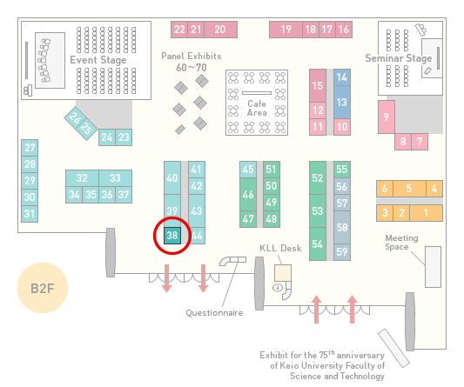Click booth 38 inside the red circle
click(172, 236)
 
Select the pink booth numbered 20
click(220, 30)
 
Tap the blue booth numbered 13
click(342, 103)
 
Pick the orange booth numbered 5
click(409, 189)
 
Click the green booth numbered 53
click(318, 210)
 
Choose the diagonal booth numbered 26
click(75, 118)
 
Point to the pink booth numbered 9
click(387, 117)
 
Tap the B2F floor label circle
click(43, 288)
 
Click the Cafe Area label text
click(257, 108)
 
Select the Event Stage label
click(98, 60)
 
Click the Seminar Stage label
click(399, 58)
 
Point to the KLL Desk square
click(283, 273)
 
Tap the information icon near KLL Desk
click(278, 287)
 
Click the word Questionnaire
click(214, 312)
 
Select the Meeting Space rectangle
click(433, 267)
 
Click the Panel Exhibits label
click(192, 56)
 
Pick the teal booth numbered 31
click(30, 214)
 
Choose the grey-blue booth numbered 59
click(342, 252)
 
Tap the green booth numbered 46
click(248, 194)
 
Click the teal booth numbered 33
click(116, 178)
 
